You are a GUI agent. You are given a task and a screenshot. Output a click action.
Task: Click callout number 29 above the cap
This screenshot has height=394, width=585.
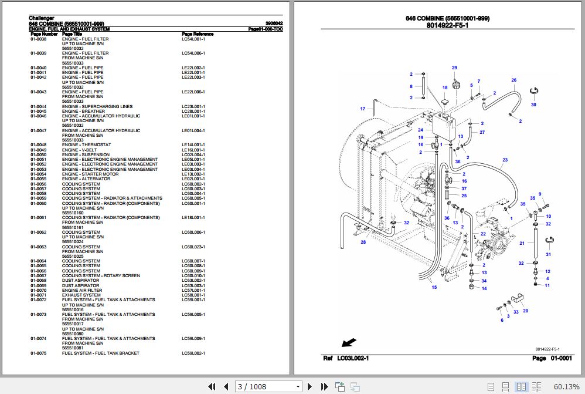454,68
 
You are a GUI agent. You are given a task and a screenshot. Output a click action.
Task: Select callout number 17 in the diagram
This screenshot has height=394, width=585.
363,109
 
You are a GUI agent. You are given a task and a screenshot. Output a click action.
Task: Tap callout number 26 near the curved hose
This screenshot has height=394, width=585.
513,80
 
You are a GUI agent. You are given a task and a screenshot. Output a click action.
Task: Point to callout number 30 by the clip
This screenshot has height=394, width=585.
533,105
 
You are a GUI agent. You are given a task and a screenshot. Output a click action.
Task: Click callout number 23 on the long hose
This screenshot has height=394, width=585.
505,160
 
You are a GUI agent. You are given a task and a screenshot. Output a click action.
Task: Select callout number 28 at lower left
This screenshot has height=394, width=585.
363,242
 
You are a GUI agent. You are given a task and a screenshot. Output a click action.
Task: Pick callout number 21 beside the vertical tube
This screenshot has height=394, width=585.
522,243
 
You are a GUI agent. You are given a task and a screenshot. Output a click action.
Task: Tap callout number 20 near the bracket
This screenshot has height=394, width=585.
525,311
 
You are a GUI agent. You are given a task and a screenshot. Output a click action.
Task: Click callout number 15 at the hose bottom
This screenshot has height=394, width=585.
434,287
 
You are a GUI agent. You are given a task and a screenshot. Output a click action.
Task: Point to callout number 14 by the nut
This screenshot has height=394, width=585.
484,288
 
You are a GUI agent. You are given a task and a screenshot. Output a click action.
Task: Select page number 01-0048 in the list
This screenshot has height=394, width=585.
38,145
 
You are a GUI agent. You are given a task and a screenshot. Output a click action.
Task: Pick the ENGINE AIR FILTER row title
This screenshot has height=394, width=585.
82,291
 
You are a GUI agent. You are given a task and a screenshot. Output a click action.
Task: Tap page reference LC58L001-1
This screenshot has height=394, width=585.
193,295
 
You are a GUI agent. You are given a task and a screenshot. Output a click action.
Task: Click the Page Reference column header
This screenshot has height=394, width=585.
198,34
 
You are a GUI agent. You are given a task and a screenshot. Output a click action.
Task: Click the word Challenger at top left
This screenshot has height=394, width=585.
40,18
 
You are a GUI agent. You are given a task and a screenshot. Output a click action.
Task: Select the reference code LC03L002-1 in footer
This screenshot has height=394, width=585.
352,358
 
